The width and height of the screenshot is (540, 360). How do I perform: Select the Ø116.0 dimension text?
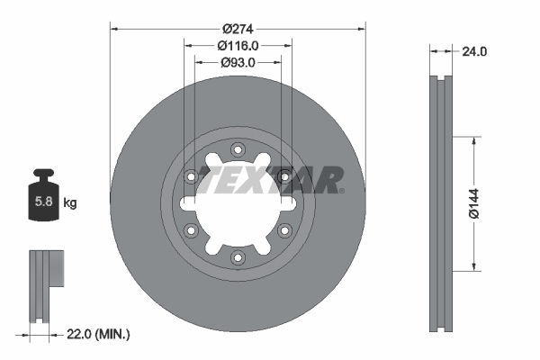pos(238,46)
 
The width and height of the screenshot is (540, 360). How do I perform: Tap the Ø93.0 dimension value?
pos(238,63)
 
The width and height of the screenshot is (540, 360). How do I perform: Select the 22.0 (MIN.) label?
pos(98,334)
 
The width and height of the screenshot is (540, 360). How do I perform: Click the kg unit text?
pos(70,203)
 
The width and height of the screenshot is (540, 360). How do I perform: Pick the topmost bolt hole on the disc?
pos(238,150)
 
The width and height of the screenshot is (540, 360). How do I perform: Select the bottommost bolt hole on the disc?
pos(238,258)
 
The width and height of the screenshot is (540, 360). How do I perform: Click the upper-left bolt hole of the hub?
pos(191,177)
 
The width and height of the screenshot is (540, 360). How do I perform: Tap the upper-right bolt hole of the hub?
pos(284,177)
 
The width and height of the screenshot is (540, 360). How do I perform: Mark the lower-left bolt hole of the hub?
pos(191,231)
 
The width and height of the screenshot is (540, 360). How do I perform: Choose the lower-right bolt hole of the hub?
pos(284,231)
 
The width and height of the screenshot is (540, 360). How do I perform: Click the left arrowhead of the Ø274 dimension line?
pos(114,27)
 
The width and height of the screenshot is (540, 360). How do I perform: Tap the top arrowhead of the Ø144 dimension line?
pos(474,140)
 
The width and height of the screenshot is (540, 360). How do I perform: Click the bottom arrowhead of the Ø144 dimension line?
pos(474,266)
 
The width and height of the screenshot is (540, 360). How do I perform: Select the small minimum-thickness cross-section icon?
pos(45,283)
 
